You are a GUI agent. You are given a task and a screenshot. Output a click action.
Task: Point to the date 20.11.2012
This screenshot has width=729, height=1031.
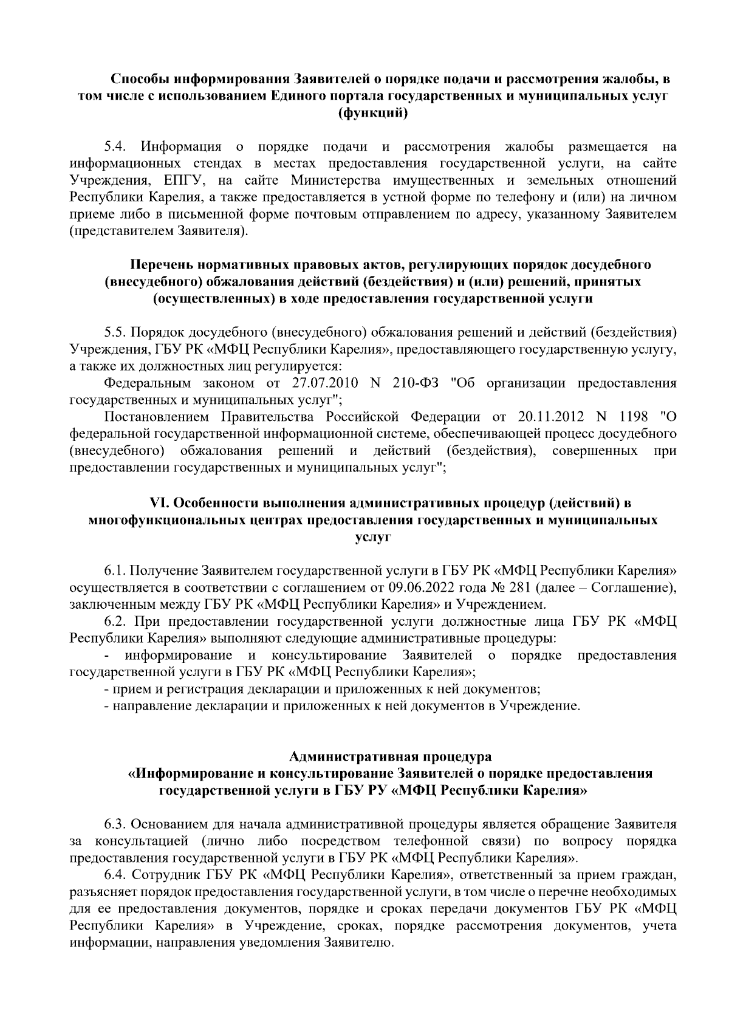[550, 417]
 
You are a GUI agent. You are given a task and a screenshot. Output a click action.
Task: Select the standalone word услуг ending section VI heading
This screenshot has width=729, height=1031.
[372, 537]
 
